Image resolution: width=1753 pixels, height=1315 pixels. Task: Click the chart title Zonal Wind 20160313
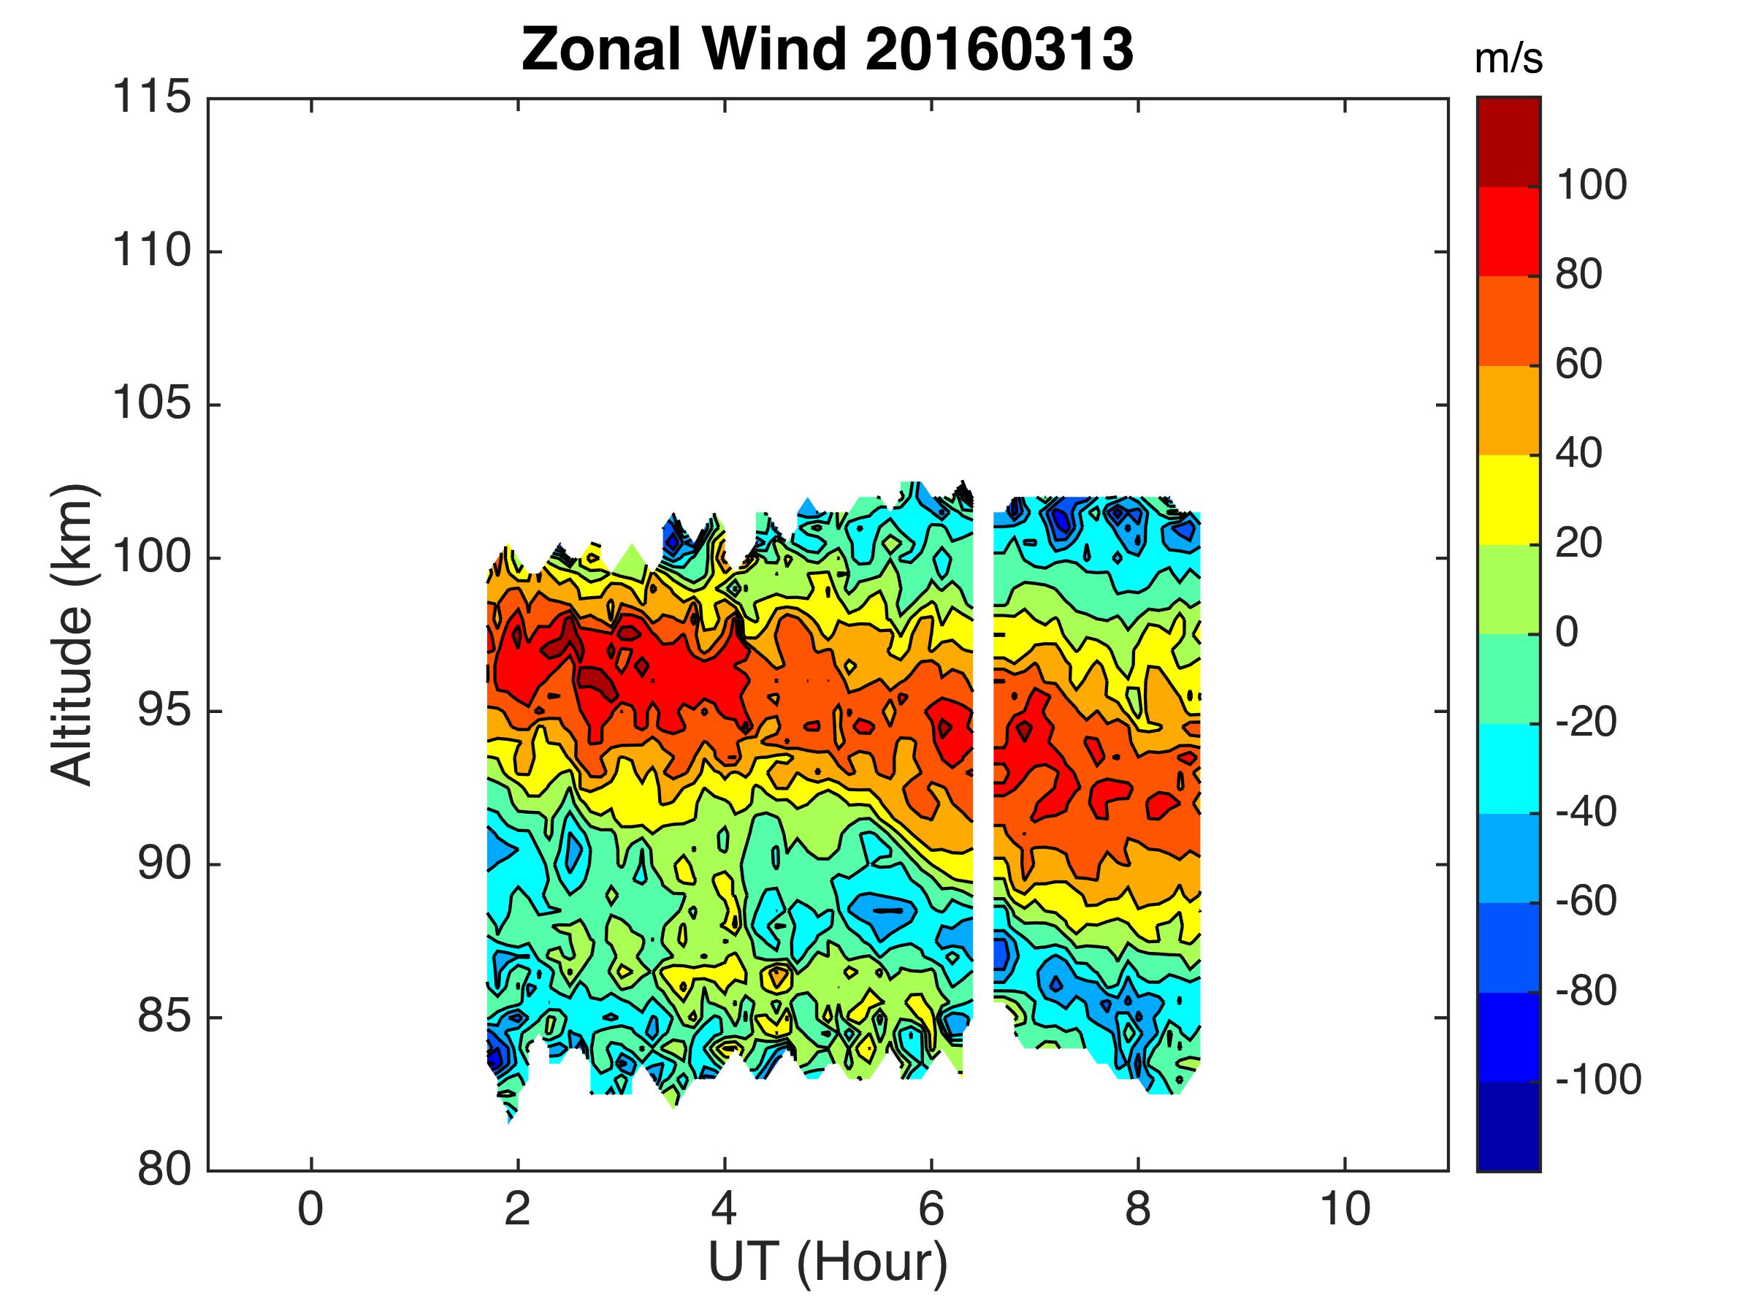pos(828,49)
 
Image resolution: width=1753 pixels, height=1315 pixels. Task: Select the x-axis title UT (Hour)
pos(828,1261)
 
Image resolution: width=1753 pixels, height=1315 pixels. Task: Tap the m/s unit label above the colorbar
pos(1508,59)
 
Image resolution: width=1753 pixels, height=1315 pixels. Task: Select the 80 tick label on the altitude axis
pos(164,1170)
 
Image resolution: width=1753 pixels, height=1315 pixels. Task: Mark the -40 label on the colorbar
pos(1586,812)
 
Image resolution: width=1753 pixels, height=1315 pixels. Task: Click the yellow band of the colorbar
pos(1508,500)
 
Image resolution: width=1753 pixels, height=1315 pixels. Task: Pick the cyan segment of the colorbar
pos(1508,768)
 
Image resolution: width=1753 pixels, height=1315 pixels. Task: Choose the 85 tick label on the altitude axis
pos(164,1017)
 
